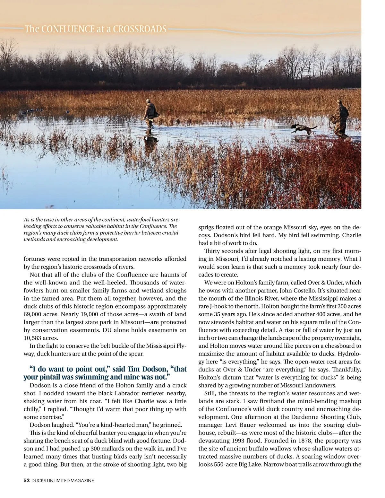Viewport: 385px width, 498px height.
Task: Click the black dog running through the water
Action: point(303,129)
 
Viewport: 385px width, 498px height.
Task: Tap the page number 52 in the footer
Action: point(27,481)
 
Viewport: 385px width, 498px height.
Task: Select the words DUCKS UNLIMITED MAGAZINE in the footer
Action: point(63,481)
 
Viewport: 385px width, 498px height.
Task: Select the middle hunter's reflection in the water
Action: point(150,143)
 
